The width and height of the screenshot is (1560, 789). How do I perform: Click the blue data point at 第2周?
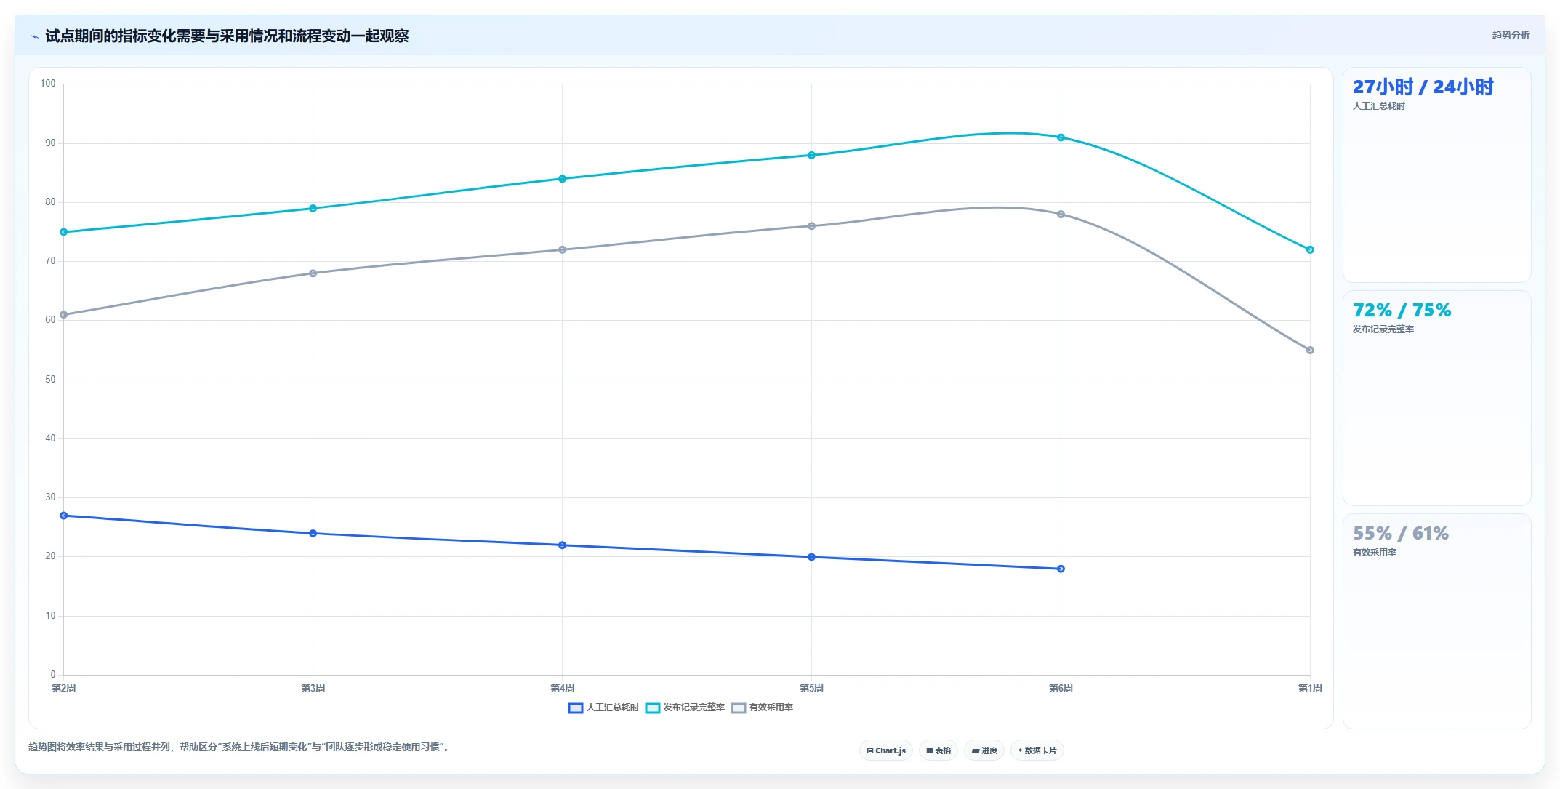(64, 516)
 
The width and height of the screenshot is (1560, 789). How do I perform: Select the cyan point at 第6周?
(1061, 137)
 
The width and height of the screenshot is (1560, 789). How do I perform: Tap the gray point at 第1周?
(1310, 351)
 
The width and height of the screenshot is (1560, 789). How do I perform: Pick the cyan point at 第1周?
(1310, 249)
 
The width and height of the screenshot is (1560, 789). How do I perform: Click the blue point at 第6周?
(1061, 569)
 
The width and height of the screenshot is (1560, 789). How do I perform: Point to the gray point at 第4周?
(562, 249)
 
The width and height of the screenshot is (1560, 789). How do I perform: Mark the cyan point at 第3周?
(313, 209)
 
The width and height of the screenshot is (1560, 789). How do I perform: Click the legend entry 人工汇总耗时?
(603, 708)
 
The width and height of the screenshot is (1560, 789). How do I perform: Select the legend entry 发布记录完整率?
(685, 708)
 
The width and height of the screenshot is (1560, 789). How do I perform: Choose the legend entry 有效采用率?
(763, 708)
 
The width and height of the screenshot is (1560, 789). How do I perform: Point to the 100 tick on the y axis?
(48, 84)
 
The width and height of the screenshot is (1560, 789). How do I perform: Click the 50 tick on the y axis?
(50, 380)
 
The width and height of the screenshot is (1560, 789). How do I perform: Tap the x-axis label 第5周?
(811, 688)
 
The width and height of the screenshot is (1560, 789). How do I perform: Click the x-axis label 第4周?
(562, 688)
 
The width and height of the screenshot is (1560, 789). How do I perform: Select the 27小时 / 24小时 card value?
(1423, 87)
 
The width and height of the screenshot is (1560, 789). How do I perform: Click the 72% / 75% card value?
(1402, 311)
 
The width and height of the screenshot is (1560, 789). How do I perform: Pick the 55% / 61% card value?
(1400, 534)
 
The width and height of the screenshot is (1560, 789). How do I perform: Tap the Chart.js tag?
(886, 750)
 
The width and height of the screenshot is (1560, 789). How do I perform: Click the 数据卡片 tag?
(1037, 750)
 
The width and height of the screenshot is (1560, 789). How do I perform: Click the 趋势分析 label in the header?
(1511, 35)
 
